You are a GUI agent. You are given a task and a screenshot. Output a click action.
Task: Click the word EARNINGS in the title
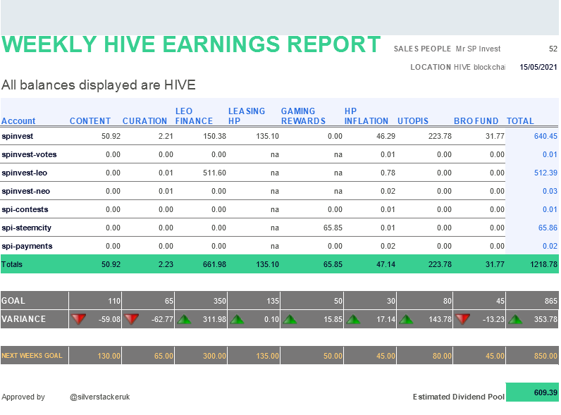point(221,44)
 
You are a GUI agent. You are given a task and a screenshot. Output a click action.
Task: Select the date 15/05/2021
point(538,67)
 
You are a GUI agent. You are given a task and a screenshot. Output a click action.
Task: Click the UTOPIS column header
point(413,121)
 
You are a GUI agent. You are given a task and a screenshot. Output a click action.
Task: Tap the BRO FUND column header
point(476,121)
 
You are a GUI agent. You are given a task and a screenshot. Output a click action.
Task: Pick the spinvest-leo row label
point(25,173)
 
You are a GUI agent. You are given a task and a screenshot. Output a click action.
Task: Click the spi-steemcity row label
point(27,228)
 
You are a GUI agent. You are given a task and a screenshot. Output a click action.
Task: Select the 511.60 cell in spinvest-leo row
point(214,173)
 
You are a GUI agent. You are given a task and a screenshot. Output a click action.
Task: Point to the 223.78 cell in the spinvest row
point(440,136)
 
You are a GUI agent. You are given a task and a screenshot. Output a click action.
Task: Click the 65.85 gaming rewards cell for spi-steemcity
point(333,228)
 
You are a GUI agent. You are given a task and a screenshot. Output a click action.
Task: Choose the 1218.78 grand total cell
point(543,264)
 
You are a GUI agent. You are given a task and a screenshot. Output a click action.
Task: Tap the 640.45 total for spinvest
point(545,136)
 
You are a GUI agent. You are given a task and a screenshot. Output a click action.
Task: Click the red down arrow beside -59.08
point(78,319)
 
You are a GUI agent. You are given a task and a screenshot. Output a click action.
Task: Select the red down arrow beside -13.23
point(462,319)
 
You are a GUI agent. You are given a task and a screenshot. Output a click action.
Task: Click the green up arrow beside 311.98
point(184,319)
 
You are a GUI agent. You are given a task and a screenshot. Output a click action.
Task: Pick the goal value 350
point(220,301)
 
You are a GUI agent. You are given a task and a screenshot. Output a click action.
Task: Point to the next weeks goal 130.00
point(109,356)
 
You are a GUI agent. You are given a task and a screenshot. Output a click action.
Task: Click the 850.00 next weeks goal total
point(545,356)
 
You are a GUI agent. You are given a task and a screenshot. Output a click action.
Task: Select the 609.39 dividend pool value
point(545,392)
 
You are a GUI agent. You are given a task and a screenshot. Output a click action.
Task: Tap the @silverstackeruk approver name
point(100,397)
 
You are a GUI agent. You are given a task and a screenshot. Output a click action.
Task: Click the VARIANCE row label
point(24,319)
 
